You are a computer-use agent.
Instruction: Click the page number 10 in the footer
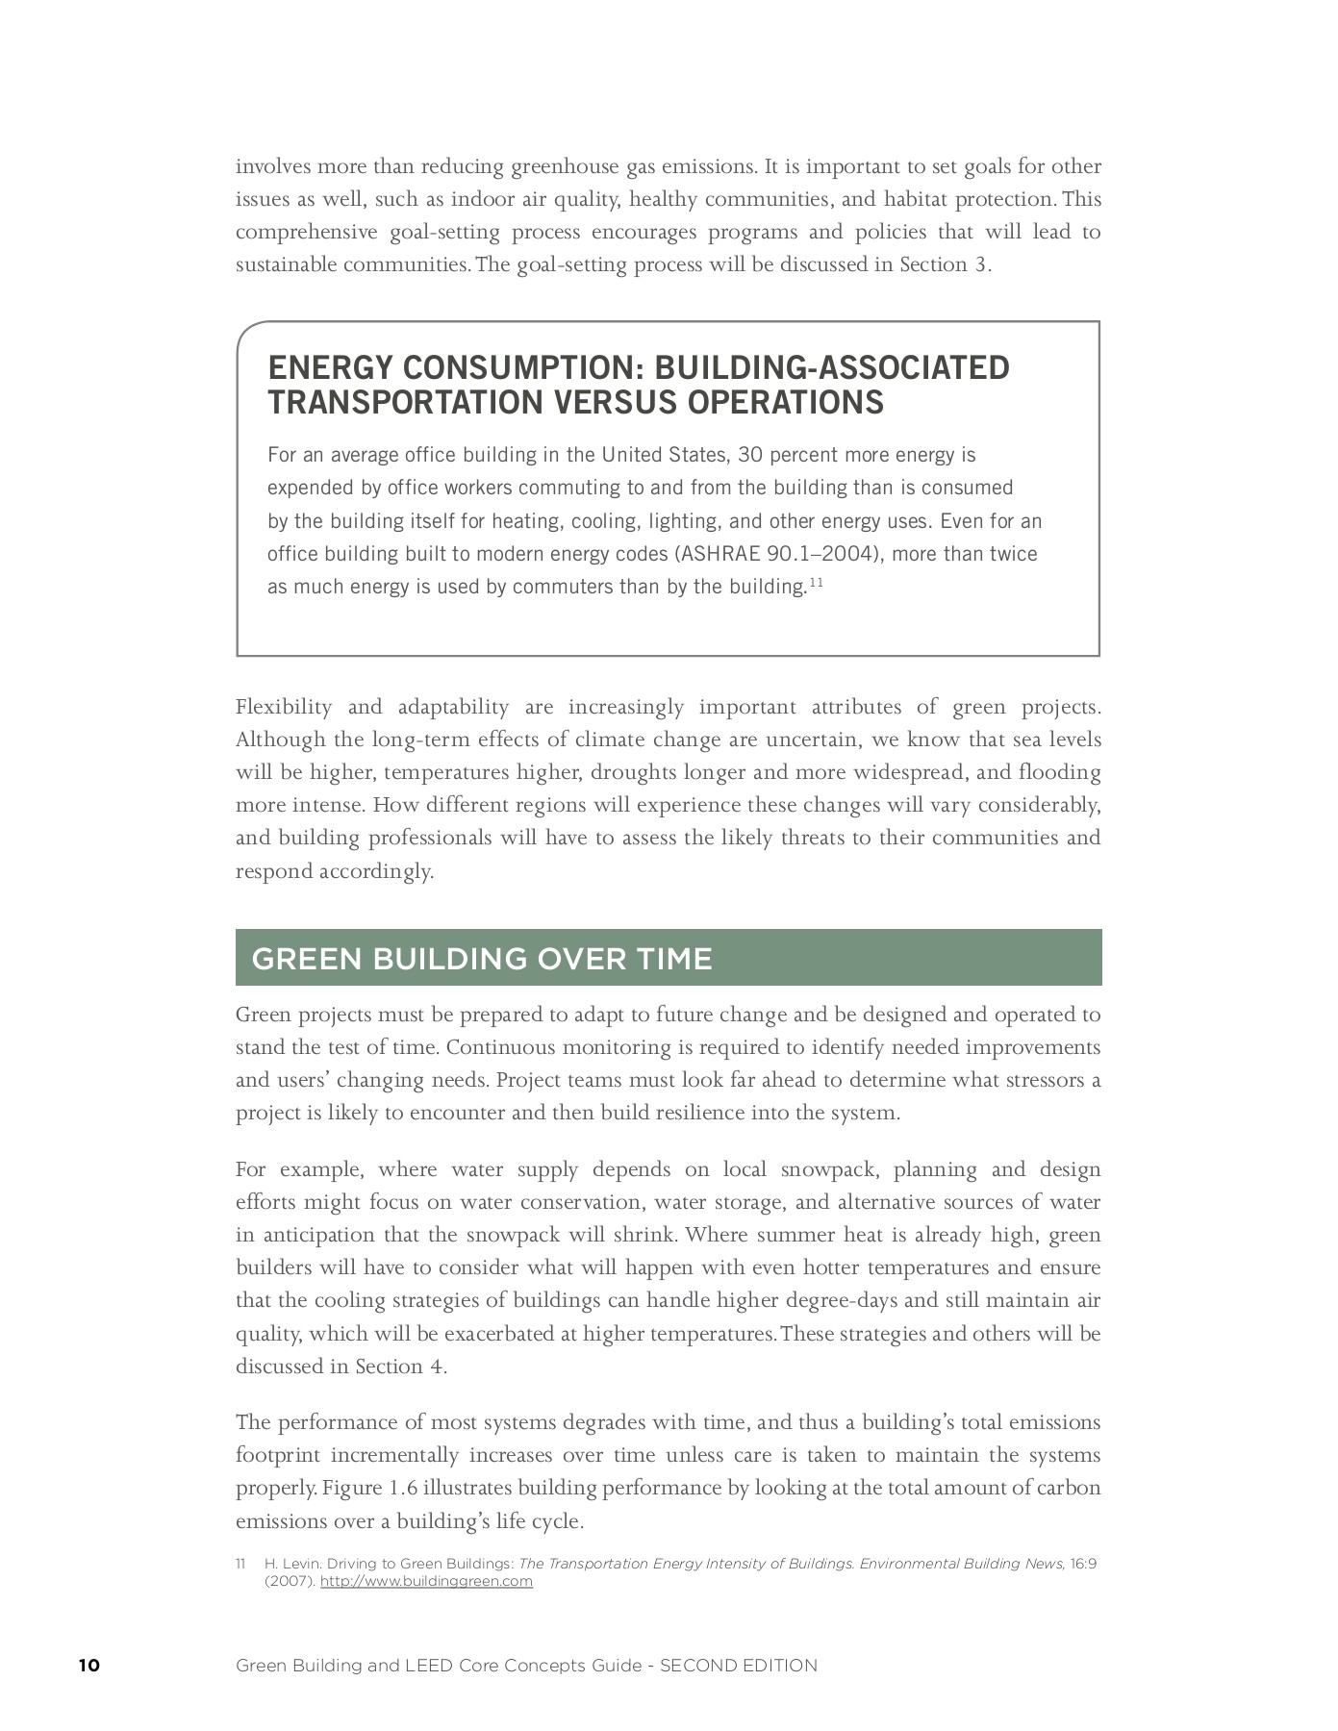pyautogui.click(x=89, y=1666)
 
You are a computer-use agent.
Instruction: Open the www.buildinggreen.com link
pyautogui.click(x=426, y=1581)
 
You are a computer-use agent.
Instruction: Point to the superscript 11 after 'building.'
pyautogui.click(x=816, y=582)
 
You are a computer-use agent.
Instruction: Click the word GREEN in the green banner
pyautogui.click(x=306, y=959)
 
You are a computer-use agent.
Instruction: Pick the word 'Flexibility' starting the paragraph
pyautogui.click(x=283, y=708)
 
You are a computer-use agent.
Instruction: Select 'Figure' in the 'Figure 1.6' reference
pyautogui.click(x=352, y=1489)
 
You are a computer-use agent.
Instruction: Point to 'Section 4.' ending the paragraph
pyautogui.click(x=401, y=1367)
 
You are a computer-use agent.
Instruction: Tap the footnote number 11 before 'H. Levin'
pyautogui.click(x=240, y=1564)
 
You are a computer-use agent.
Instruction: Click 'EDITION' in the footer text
pyautogui.click(x=779, y=1666)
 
